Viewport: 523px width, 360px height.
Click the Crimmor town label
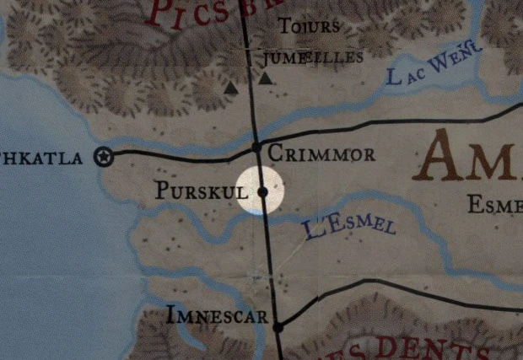(321, 154)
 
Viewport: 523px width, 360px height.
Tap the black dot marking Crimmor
(256, 147)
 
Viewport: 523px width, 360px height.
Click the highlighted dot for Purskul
(262, 192)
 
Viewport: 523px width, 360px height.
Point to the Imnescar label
(217, 317)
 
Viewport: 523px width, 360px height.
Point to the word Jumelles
(313, 57)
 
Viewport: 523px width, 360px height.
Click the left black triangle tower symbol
(231, 87)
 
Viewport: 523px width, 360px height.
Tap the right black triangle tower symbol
(266, 79)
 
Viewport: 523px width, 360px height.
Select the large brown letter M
(499, 156)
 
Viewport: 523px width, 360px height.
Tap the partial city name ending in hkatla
(40, 157)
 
